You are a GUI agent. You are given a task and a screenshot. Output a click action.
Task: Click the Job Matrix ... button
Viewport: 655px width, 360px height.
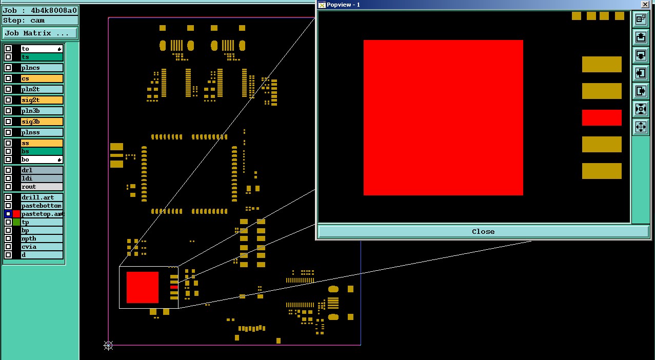40,33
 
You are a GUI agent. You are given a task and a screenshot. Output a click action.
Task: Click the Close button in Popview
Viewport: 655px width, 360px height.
483,231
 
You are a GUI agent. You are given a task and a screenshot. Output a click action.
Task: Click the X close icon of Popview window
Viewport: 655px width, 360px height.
645,5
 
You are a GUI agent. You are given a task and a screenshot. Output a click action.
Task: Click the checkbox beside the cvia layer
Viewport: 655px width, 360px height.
8,247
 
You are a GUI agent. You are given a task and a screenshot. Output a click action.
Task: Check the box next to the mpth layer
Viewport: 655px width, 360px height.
8,238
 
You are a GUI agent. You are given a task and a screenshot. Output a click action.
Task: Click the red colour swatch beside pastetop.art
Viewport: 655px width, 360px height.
16,214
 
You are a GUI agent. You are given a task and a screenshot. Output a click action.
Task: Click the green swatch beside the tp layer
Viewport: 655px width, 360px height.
16,222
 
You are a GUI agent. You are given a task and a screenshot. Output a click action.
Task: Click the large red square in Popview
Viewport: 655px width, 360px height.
443,117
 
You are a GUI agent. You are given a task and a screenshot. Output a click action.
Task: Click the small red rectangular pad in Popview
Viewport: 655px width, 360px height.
602,117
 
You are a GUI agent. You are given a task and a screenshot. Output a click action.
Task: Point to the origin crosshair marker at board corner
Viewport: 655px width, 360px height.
108,345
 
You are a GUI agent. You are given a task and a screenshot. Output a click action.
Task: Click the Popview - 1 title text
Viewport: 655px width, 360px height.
343,5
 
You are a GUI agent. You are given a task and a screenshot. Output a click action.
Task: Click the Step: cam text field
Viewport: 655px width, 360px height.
40,21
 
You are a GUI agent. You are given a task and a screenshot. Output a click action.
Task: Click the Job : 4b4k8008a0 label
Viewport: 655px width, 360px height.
40,10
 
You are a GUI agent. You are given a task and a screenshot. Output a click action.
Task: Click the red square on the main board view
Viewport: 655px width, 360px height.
143,287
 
